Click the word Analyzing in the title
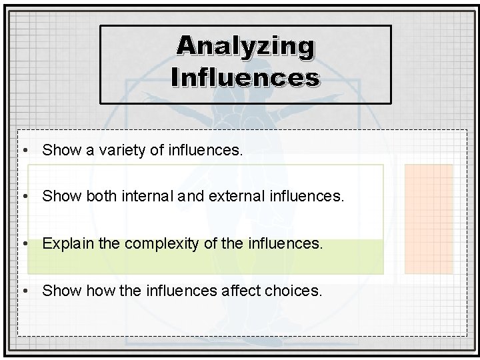click(245, 46)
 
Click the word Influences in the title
click(245, 77)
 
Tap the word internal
click(149, 197)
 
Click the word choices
click(297, 291)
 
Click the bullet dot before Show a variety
click(25, 151)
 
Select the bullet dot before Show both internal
click(25, 197)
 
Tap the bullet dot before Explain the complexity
click(25, 243)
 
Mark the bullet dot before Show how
click(25, 291)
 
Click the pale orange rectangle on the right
click(429, 219)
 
